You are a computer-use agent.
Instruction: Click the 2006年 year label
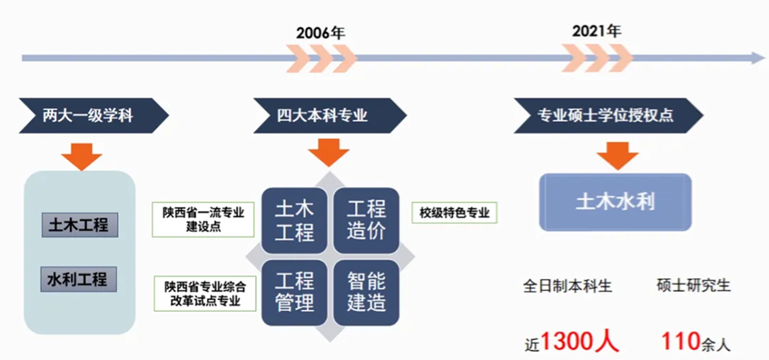pyautogui.click(x=320, y=33)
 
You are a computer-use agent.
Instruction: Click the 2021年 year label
pyautogui.click(x=597, y=31)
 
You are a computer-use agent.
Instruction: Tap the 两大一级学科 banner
pyautogui.click(x=94, y=116)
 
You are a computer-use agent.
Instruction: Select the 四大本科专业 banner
pyautogui.click(x=330, y=116)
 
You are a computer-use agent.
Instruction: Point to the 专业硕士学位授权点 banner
pyautogui.click(x=609, y=116)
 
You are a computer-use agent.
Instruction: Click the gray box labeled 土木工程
pyautogui.click(x=80, y=225)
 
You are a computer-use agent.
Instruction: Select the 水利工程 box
pyautogui.click(x=78, y=279)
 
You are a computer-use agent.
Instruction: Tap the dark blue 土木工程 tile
pyautogui.click(x=294, y=220)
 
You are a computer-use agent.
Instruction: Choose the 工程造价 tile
pyautogui.click(x=367, y=220)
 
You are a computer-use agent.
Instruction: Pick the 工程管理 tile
pyautogui.click(x=294, y=293)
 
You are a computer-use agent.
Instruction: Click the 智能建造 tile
pyautogui.click(x=367, y=293)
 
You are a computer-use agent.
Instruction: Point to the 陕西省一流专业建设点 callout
pyautogui.click(x=203, y=219)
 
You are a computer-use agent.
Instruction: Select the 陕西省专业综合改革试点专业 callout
pyautogui.click(x=205, y=294)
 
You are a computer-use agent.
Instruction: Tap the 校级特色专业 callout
pyautogui.click(x=455, y=213)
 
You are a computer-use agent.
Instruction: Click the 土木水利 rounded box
pyautogui.click(x=615, y=202)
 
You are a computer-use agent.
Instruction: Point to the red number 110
pyautogui.click(x=681, y=341)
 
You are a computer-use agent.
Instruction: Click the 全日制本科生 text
pyautogui.click(x=568, y=286)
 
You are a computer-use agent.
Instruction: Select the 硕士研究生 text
pyautogui.click(x=694, y=286)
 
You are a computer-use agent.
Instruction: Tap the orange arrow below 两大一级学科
pyautogui.click(x=82, y=157)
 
